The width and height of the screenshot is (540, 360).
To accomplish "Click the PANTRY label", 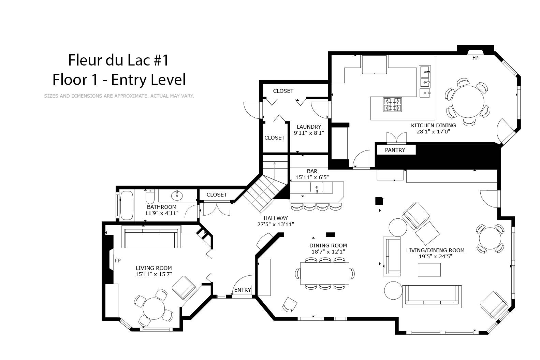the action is tap(395, 150).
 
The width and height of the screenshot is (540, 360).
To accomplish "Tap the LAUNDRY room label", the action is tap(309, 127).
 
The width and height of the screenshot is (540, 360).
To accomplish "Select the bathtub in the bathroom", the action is tap(127, 205).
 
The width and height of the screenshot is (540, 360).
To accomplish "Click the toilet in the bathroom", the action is tap(150, 197).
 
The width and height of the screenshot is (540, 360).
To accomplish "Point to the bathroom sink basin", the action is tap(177, 196).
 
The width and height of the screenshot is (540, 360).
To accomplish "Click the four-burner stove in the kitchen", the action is tap(393, 104).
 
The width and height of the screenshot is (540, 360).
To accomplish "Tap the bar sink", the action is tap(317, 187).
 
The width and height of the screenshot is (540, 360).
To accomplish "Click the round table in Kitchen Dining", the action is tap(468, 102).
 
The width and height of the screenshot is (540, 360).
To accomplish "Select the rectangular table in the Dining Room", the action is tap(325, 273).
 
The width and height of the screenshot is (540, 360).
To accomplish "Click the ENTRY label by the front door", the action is tap(243, 290).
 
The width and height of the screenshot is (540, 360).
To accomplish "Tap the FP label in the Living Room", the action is tap(118, 260).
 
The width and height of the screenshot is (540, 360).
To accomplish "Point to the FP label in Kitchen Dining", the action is tap(475, 58).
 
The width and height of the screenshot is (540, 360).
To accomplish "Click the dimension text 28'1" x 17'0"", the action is tap(434, 131).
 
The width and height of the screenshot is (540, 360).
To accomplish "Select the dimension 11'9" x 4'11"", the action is tap(161, 213).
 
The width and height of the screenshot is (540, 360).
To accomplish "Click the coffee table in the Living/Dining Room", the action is tap(429, 270).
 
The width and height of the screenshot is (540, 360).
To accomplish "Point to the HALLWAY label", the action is tap(276, 218).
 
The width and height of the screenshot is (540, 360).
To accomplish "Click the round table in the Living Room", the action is tap(154, 308).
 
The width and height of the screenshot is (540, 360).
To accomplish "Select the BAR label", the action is tap(312, 171).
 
